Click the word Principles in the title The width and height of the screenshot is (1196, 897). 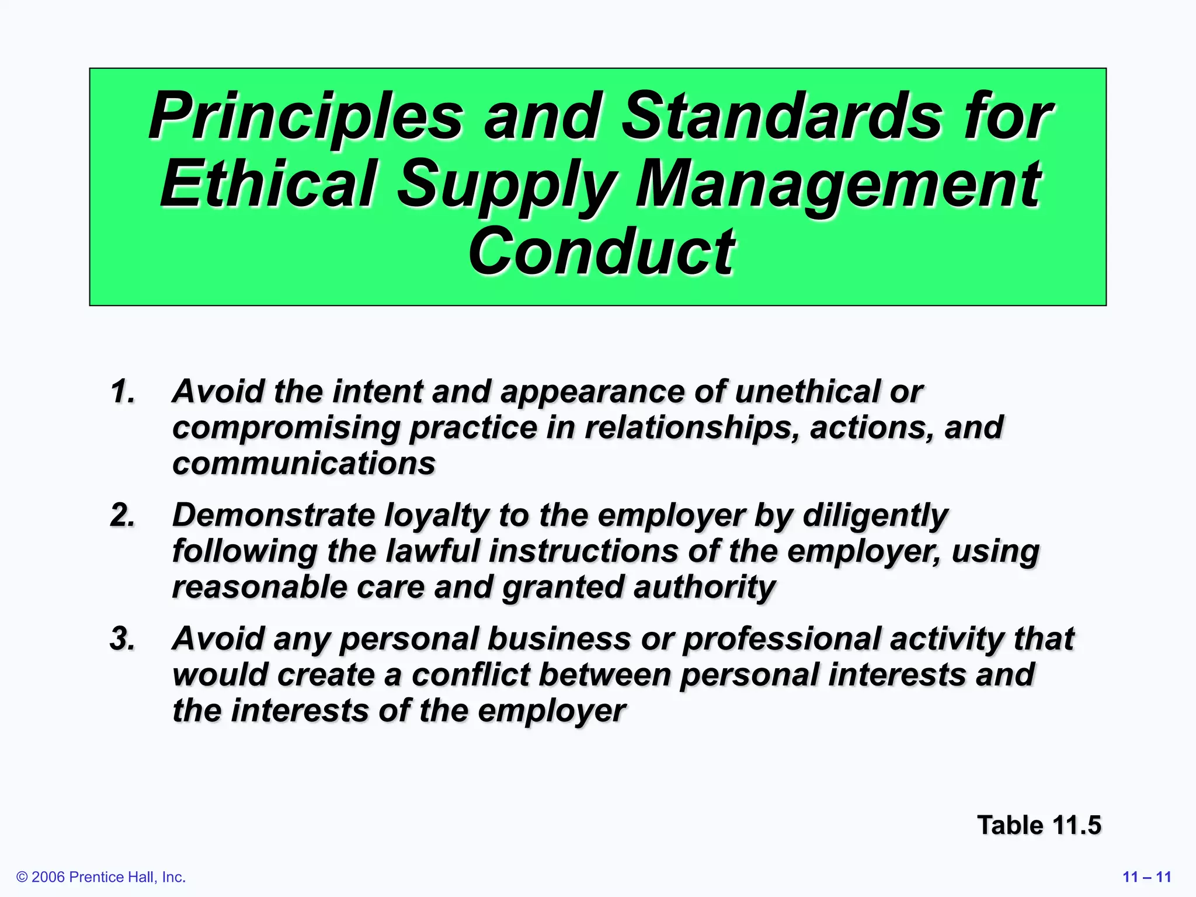(x=305, y=117)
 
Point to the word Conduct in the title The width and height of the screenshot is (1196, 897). (x=601, y=252)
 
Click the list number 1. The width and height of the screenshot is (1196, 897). (x=122, y=391)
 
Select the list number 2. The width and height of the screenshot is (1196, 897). (x=122, y=515)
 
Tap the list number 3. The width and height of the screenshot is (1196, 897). (x=122, y=638)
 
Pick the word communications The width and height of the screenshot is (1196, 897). (x=304, y=464)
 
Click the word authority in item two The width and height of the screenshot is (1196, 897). (x=704, y=587)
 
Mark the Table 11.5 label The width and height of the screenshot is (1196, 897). (x=1039, y=825)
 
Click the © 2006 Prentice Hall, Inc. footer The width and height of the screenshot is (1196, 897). (x=101, y=877)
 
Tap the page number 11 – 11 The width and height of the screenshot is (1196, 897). (x=1147, y=877)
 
